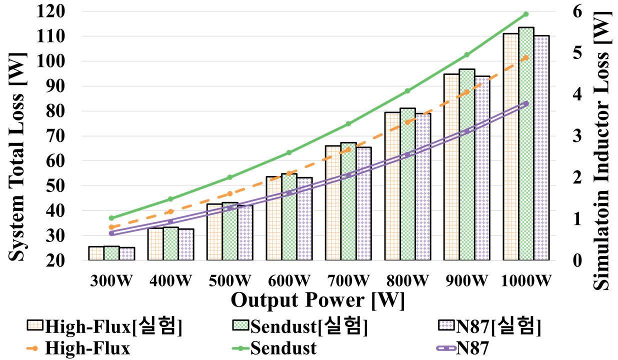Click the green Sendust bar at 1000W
coord(526,145)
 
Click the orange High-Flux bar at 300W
coord(96,253)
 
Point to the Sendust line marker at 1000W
coord(526,14)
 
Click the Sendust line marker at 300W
coord(111,218)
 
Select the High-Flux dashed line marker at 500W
coord(230,193)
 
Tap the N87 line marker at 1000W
coord(526,103)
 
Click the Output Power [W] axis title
coord(318,300)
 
